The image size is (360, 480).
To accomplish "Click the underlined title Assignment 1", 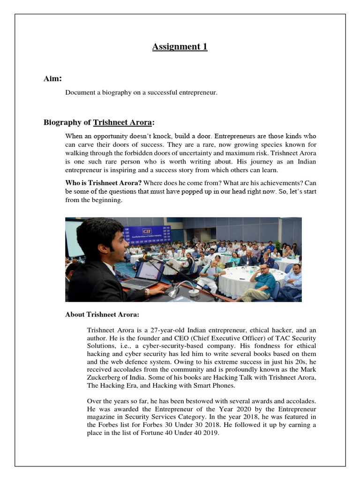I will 180,46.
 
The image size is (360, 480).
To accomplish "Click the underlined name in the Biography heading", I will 122,123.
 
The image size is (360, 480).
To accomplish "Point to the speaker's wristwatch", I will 147,292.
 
